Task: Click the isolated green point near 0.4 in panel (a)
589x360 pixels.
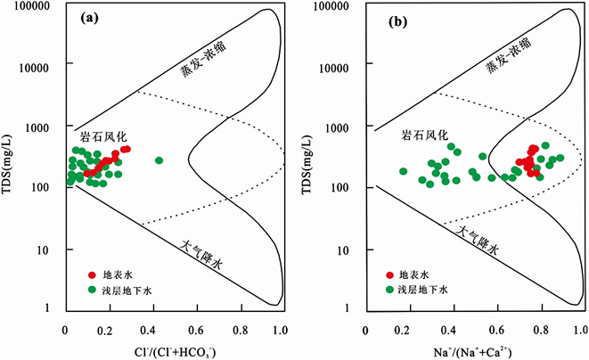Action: coord(160,160)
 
